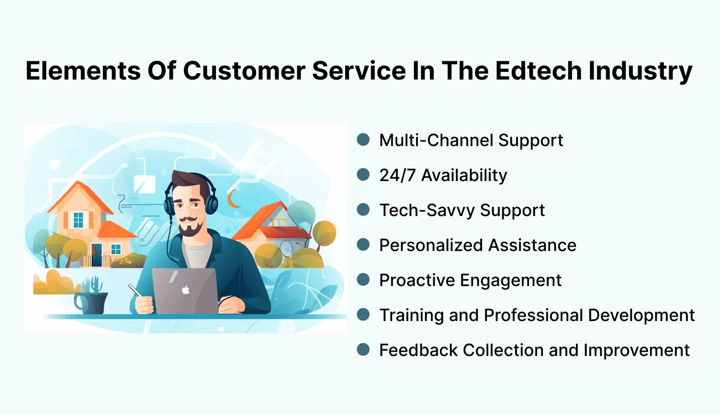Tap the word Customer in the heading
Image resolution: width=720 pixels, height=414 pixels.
(244, 71)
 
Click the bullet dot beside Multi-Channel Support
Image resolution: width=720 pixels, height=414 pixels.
(363, 139)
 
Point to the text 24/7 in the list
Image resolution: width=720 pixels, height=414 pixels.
(397, 175)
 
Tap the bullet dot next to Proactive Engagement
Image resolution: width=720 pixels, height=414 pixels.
(363, 279)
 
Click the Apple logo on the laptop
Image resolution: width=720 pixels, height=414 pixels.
(186, 289)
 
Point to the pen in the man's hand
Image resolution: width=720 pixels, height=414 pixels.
(135, 290)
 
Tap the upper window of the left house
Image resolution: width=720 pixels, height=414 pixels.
(78, 219)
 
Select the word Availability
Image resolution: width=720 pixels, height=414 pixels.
(464, 175)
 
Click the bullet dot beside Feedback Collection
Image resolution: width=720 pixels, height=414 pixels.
(363, 349)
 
